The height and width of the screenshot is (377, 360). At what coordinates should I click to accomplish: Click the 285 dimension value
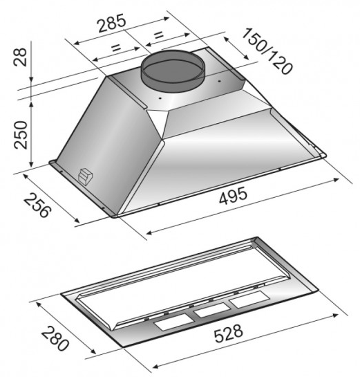[x=112, y=23]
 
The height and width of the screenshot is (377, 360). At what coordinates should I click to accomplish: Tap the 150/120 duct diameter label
[x=267, y=51]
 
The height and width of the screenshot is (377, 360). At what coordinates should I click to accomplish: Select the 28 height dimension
[x=21, y=57]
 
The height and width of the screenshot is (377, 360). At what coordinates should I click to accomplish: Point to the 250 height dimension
[x=21, y=135]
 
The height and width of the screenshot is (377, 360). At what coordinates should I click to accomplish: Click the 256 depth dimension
[x=37, y=205]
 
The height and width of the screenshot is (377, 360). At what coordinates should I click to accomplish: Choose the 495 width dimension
[x=233, y=196]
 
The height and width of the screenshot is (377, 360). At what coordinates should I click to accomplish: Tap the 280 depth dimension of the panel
[x=55, y=338]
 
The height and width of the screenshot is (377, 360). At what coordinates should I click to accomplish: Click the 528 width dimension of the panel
[x=229, y=333]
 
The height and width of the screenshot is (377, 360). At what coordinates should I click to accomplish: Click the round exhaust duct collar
[x=173, y=71]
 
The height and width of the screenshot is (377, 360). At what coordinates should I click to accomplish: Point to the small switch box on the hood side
[x=85, y=176]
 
